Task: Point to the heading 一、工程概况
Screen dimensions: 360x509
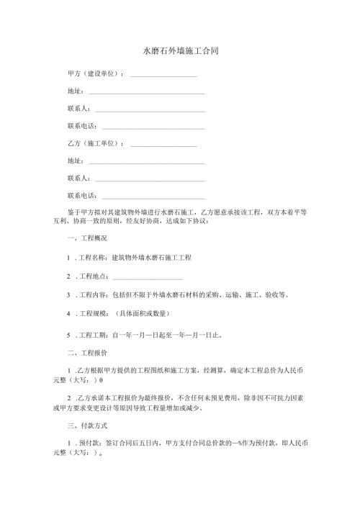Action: (86, 238)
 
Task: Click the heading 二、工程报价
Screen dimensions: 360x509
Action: (86, 353)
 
